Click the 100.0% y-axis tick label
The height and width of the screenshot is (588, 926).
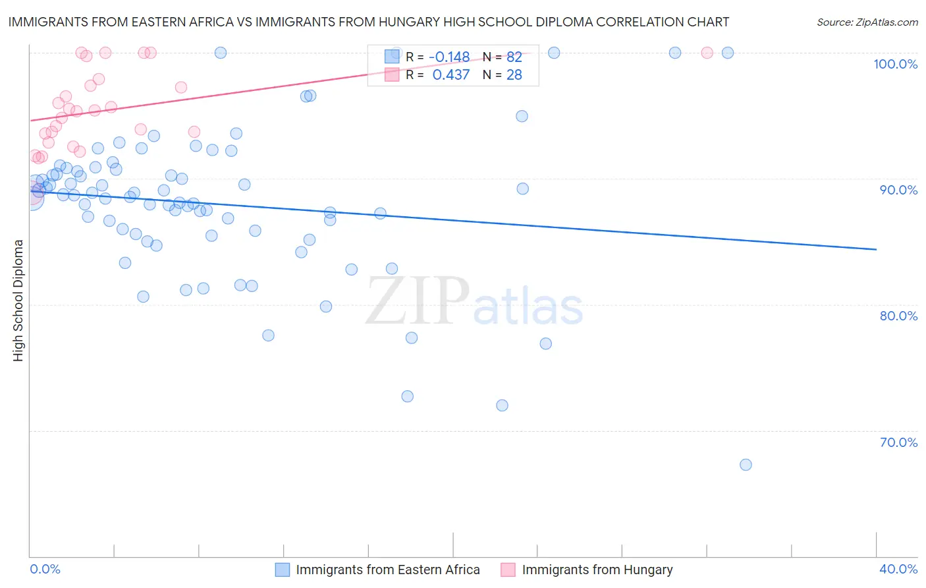click(895, 64)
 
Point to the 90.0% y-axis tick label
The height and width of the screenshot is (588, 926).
click(898, 190)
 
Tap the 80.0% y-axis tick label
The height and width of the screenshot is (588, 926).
click(898, 316)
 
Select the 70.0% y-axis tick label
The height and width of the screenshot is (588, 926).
click(898, 442)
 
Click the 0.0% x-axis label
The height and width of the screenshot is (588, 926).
click(45, 569)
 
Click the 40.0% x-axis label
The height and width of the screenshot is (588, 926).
click(898, 569)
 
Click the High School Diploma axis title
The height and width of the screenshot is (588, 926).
click(18, 300)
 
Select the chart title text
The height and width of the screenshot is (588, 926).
click(368, 22)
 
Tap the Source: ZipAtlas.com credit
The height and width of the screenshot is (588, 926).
click(867, 22)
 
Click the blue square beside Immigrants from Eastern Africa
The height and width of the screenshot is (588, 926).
click(283, 570)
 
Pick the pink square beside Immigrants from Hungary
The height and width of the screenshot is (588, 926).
click(508, 570)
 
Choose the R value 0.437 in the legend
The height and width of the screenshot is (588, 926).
click(450, 75)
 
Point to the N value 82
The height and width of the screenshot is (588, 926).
click(514, 57)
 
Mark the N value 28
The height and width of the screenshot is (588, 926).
click(514, 75)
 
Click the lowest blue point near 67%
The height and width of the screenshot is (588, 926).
click(746, 465)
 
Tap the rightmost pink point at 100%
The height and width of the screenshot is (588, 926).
click(707, 53)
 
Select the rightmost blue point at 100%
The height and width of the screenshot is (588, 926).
click(728, 53)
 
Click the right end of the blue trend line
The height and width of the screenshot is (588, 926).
click(876, 249)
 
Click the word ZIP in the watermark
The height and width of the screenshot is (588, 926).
click(418, 302)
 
